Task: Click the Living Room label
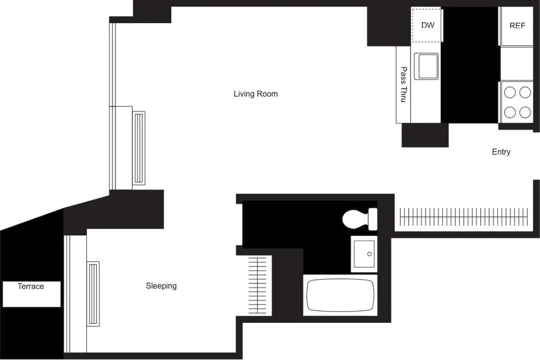(x=255, y=94)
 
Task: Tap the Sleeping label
(x=161, y=286)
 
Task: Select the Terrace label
(x=31, y=287)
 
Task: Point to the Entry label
(x=501, y=152)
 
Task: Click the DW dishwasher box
(x=427, y=25)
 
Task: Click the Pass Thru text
(x=403, y=85)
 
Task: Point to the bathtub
(x=340, y=295)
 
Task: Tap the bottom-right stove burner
(x=525, y=112)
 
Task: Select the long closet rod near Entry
(x=463, y=217)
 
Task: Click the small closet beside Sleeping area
(x=257, y=286)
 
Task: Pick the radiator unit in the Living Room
(x=139, y=147)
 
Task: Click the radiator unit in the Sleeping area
(x=93, y=293)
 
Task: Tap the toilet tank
(x=373, y=219)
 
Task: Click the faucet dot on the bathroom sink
(x=370, y=253)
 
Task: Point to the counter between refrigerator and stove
(x=517, y=63)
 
